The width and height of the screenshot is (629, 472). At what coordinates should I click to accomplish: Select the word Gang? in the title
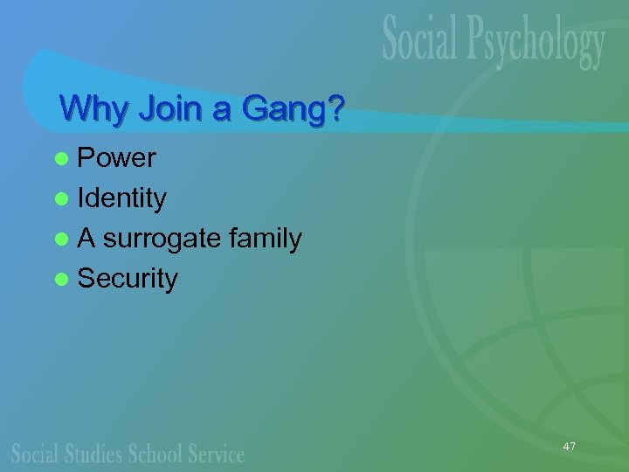coord(293,109)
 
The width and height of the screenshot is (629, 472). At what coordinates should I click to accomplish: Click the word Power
coord(116,158)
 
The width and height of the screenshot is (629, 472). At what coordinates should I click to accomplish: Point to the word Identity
coord(121,198)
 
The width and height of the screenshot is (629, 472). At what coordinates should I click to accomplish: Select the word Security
coord(128,279)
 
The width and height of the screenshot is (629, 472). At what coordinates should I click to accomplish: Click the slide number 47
coord(569,447)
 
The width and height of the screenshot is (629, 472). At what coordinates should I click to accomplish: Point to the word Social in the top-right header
coord(425,41)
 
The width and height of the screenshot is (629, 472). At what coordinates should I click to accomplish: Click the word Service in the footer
coord(216,454)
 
